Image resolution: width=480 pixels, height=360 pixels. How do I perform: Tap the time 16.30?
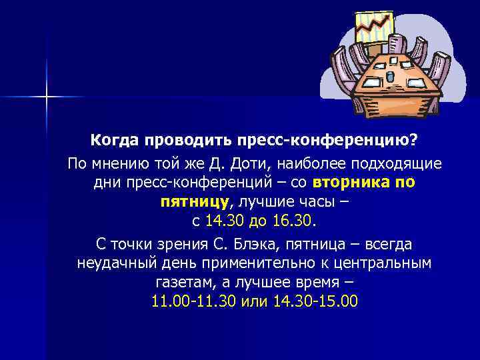300,220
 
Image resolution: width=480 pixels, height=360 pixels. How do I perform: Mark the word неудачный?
118,263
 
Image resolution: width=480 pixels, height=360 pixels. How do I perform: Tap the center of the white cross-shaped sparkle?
47,97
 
